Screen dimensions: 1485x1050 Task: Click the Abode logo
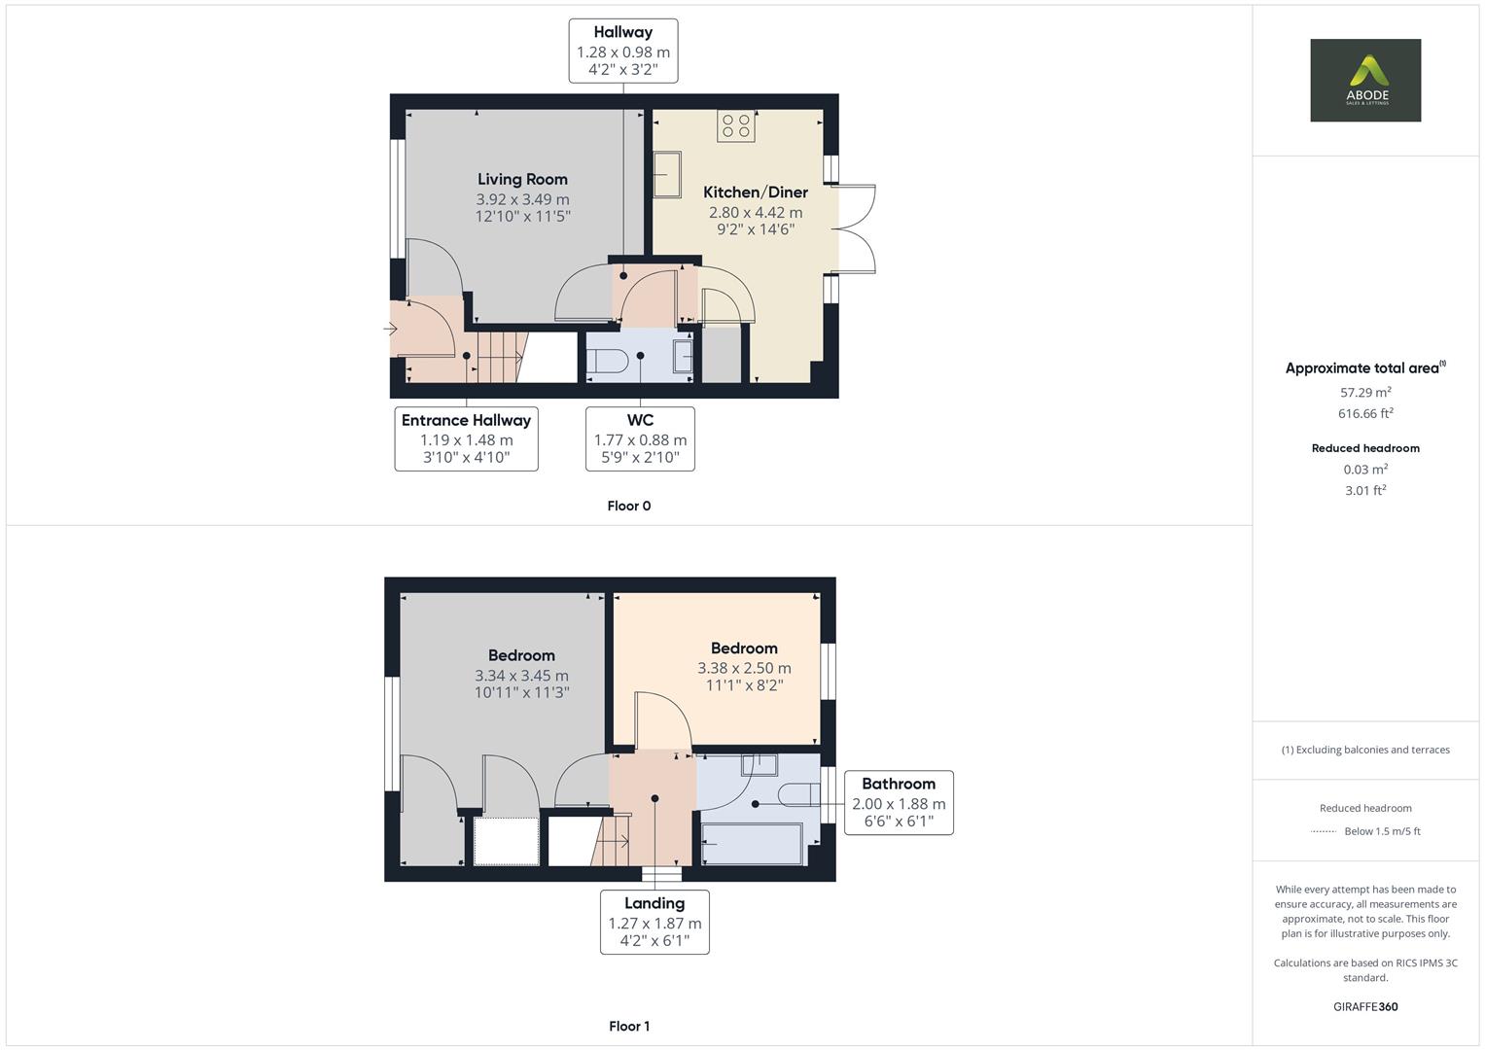coord(1365,80)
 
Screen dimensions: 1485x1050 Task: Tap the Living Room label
coord(522,179)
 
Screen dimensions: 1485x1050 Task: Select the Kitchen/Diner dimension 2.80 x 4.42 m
coord(755,212)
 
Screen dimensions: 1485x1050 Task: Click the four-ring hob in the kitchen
coord(736,126)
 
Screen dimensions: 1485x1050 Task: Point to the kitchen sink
coord(667,174)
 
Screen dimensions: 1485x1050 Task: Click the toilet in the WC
coord(608,362)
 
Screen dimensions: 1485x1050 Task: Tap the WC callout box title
coord(641,420)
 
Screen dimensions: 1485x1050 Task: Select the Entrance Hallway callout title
coord(466,420)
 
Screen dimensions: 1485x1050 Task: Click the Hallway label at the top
coord(623,32)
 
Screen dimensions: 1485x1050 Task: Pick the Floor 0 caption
coord(629,506)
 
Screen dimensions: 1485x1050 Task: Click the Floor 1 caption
coord(629,1026)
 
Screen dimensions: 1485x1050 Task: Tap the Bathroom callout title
coord(899,784)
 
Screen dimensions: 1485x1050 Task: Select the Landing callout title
coord(654,903)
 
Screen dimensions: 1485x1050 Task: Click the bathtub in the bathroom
coord(753,844)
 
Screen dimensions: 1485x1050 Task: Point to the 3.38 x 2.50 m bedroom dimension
coord(744,668)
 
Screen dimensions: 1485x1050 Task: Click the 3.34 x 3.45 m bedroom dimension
coord(521,676)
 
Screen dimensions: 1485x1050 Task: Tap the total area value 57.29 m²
coord(1365,392)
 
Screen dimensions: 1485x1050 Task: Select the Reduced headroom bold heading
coord(1365,448)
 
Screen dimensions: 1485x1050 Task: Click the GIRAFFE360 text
coord(1365,1006)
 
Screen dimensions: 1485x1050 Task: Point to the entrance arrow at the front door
coord(390,329)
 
